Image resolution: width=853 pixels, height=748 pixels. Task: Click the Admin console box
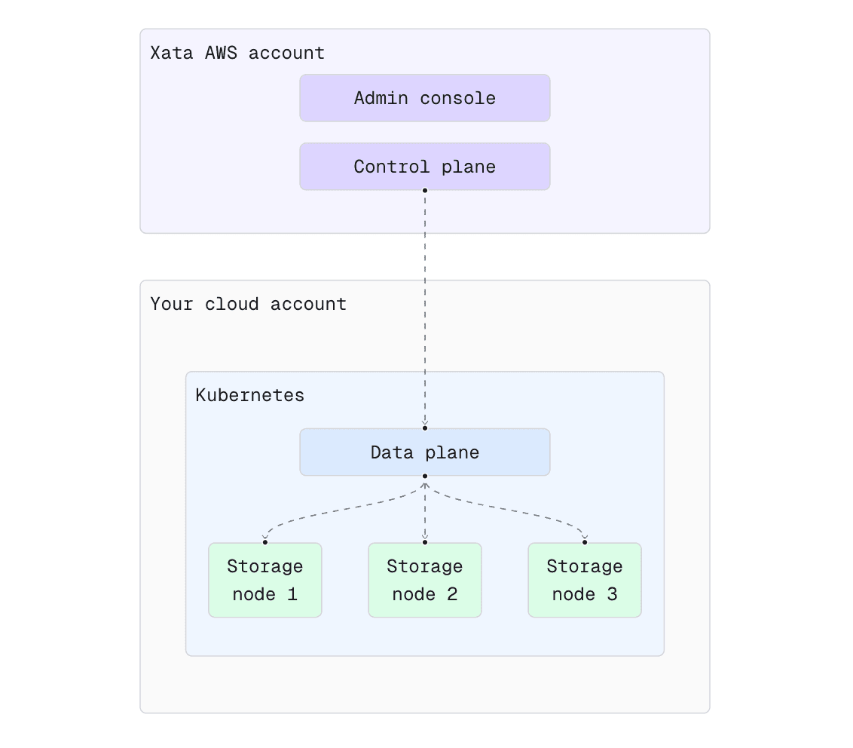point(424,98)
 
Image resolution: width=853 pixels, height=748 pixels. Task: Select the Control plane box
point(424,167)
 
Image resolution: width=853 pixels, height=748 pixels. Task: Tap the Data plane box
point(424,452)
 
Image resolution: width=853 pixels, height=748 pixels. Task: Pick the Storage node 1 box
point(264,580)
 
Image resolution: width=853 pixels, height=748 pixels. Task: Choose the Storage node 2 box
point(424,580)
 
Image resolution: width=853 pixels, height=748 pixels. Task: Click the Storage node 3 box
point(584,580)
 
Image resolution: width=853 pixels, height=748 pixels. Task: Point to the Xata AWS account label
point(237,54)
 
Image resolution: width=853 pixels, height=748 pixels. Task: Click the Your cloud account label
point(248,304)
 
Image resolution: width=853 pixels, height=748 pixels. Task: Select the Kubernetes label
point(249,395)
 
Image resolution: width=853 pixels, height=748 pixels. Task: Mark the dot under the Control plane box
point(425,191)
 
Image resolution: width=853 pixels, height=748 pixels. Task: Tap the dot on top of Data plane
point(425,428)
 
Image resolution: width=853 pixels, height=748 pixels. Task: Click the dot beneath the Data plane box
point(425,477)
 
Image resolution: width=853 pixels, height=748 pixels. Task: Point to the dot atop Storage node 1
point(265,542)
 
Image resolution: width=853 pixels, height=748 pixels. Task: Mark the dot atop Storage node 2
point(425,542)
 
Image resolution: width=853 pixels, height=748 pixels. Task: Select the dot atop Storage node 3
point(585,542)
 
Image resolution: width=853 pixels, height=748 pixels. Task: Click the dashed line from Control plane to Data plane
point(425,309)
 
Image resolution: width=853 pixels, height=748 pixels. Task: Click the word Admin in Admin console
point(381,98)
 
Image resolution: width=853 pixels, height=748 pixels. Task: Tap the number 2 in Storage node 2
point(452,594)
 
